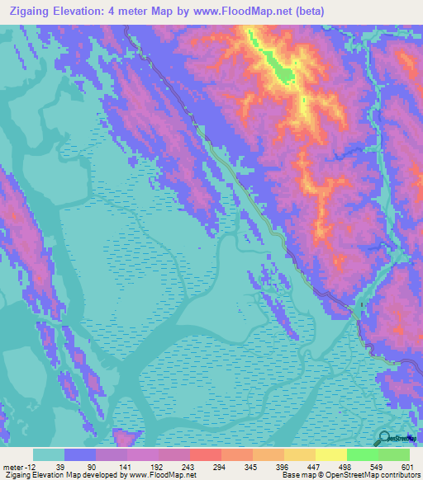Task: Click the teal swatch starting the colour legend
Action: (x=49, y=454)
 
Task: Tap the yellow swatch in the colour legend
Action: (x=330, y=454)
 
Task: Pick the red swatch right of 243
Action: (x=205, y=454)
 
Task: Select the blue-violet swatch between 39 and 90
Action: (x=80, y=454)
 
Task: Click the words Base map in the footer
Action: (x=296, y=476)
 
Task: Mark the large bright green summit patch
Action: (x=284, y=74)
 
